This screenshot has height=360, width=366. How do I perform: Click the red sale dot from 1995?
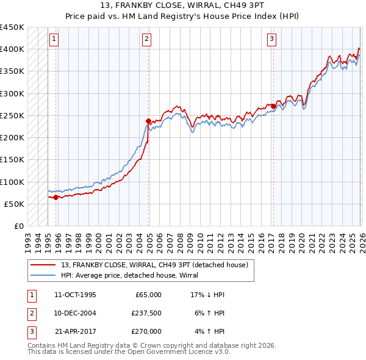tap(56, 197)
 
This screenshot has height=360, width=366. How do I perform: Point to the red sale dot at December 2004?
tap(148, 121)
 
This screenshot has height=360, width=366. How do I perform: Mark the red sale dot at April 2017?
tap(273, 107)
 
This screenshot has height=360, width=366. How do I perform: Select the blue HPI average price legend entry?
tap(134, 276)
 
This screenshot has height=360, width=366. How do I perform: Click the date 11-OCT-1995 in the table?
tap(75, 295)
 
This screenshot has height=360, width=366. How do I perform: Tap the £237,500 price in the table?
tap(146, 313)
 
